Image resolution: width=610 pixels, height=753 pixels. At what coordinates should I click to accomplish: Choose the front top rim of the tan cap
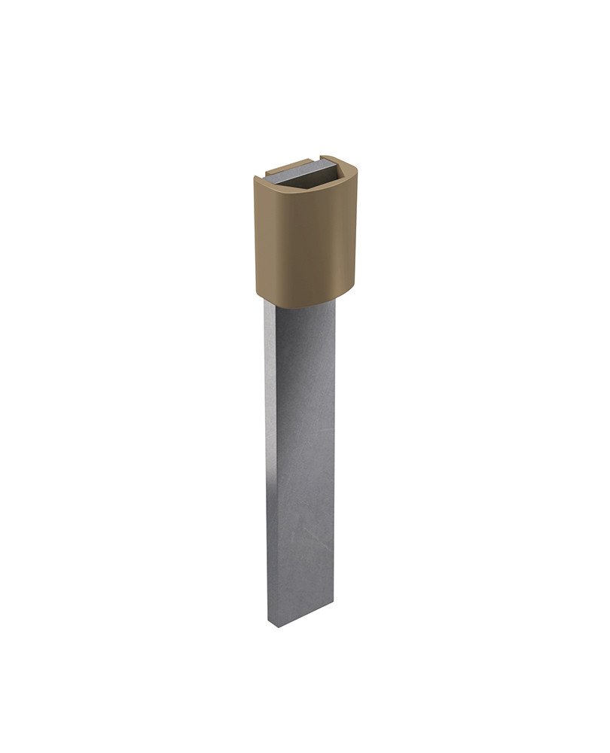301,185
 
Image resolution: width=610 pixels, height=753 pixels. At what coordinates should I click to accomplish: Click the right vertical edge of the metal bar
334,452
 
